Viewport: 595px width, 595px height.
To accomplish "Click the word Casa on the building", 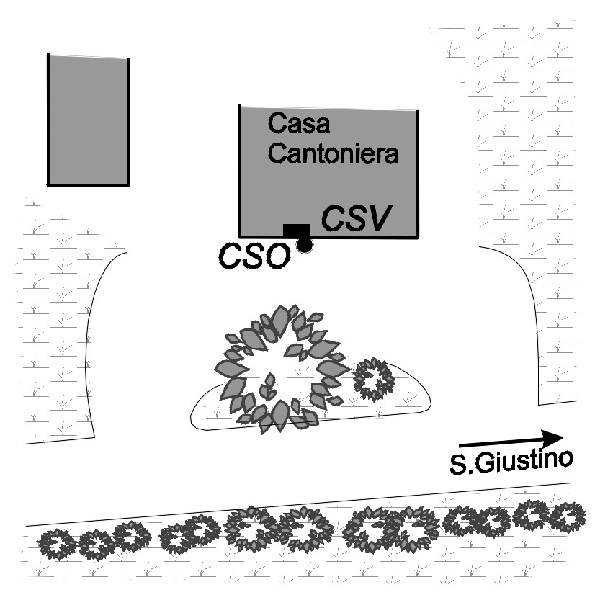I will point(299,124).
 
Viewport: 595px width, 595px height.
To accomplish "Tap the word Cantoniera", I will point(334,153).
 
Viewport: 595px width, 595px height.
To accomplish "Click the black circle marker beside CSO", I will point(305,246).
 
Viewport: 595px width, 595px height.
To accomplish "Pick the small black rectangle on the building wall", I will point(296,230).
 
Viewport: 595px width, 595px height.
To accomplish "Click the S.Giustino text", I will point(511,461).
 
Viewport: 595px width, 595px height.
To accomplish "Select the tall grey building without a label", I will point(88,120).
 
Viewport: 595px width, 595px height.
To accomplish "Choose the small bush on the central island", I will point(374,378).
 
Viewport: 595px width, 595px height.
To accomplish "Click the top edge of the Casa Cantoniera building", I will point(328,108).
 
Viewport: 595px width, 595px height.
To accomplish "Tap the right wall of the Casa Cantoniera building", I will point(417,173).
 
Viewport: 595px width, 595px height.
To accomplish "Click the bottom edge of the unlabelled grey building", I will point(88,184).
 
